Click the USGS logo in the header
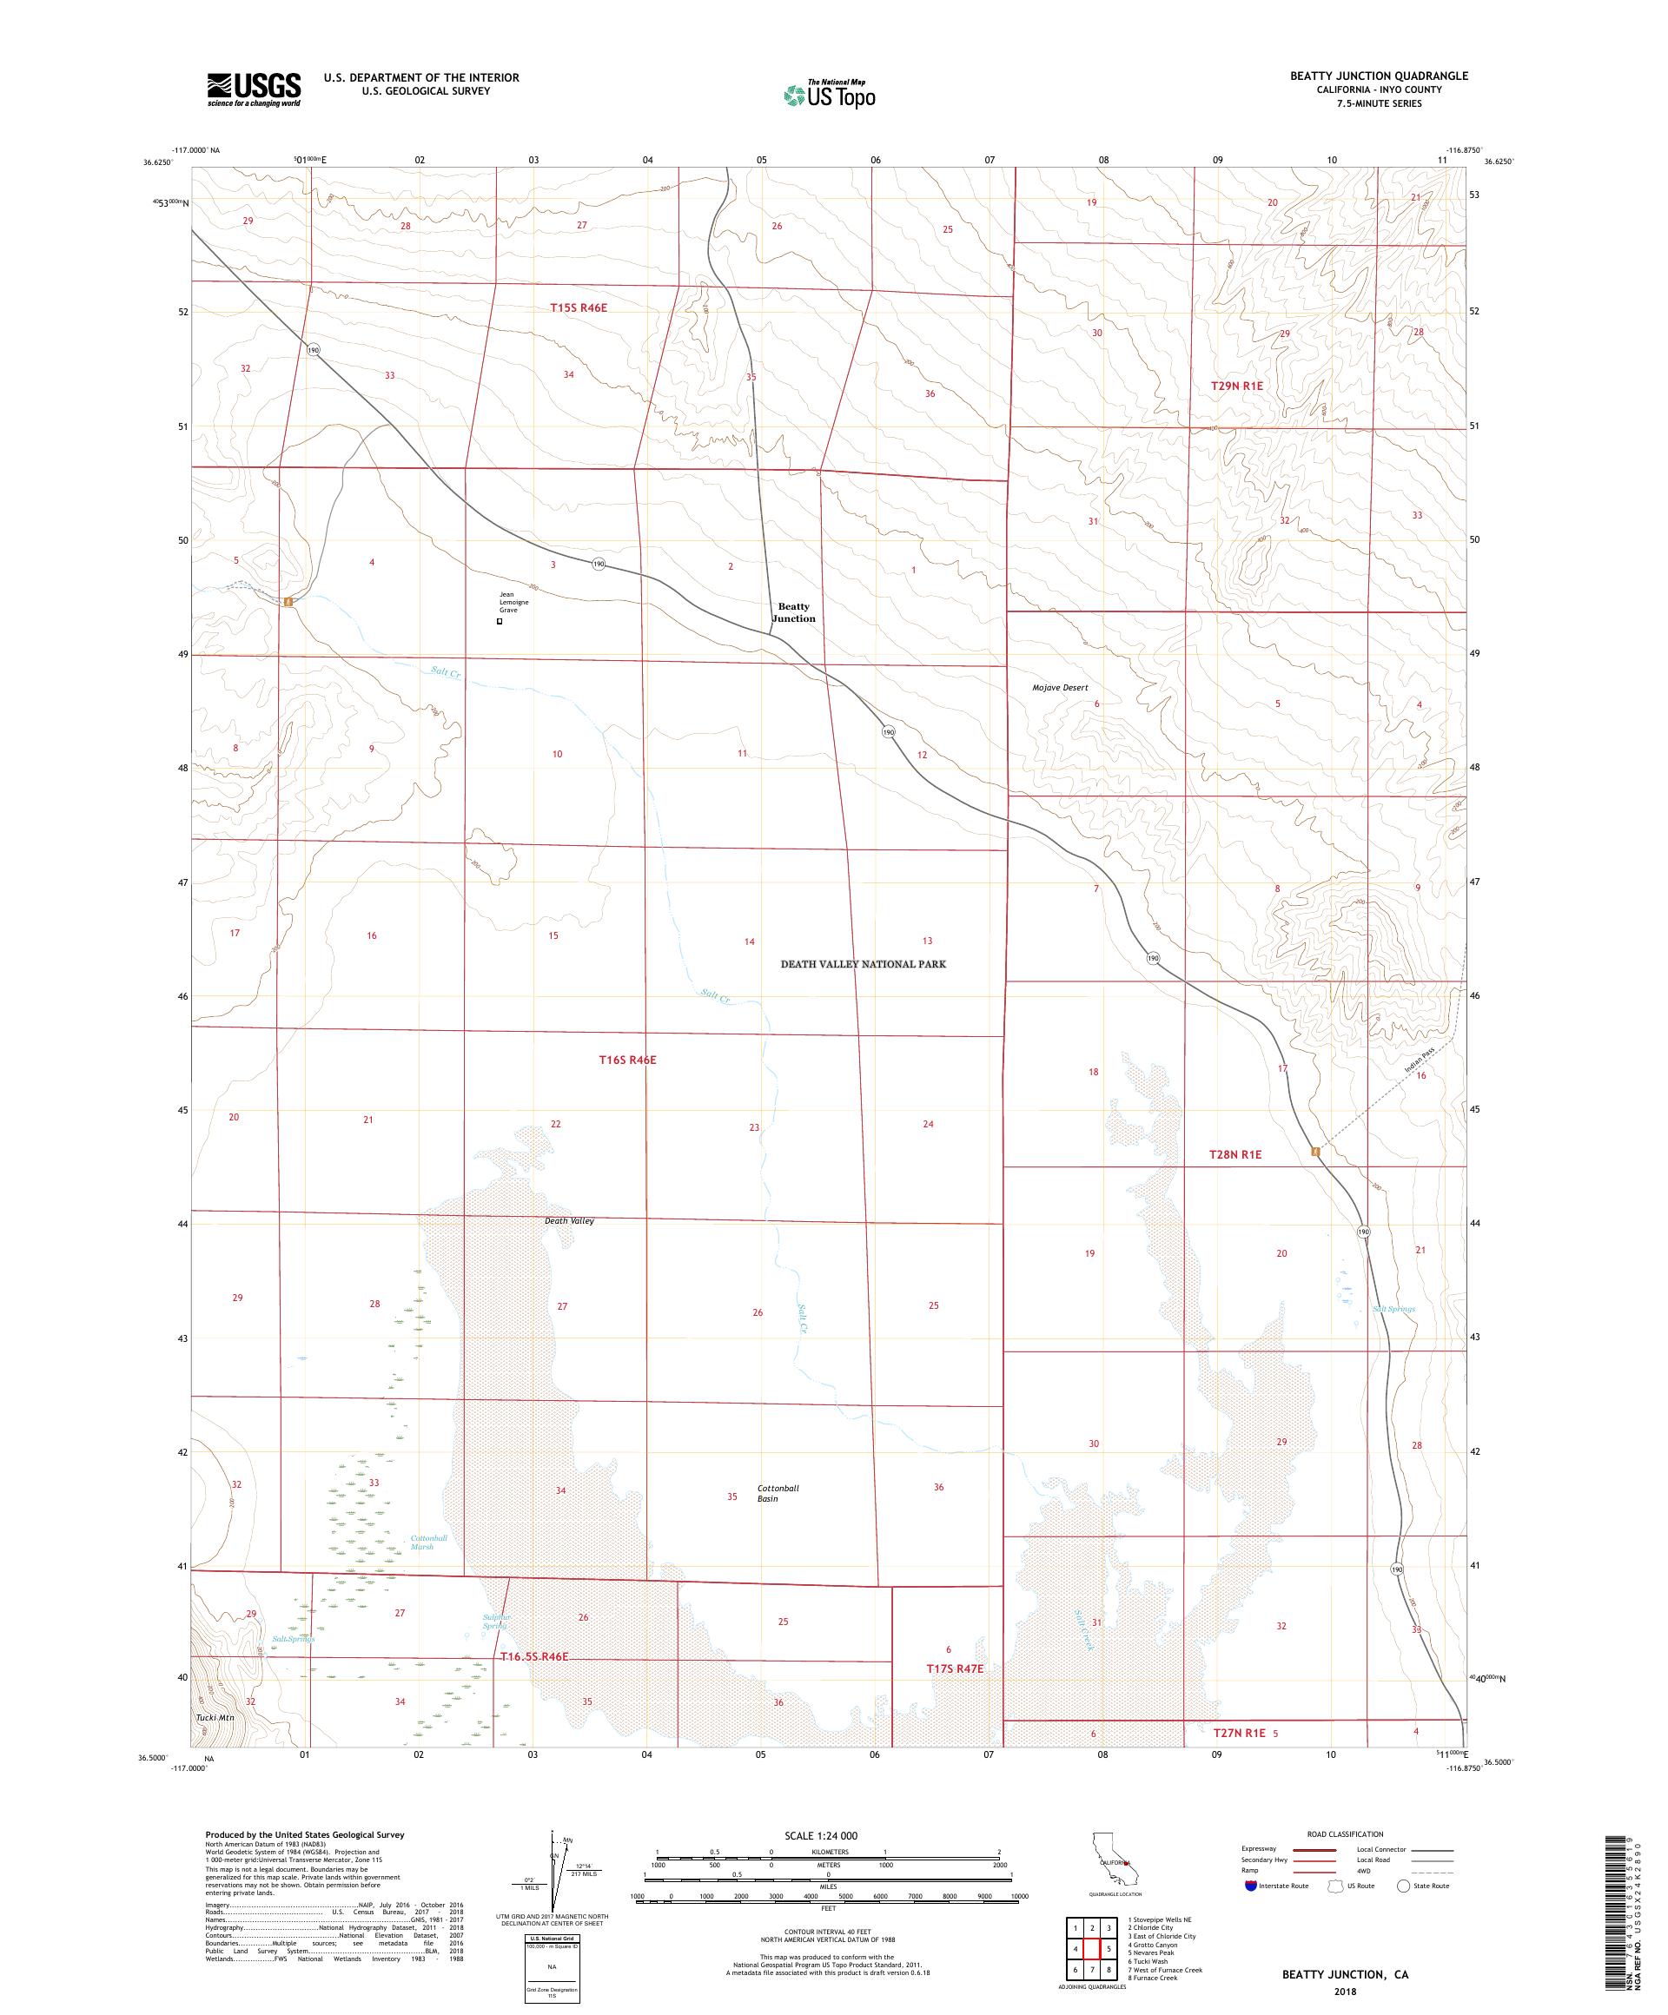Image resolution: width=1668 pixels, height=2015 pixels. point(254,90)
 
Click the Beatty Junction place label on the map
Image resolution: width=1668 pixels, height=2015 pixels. point(794,612)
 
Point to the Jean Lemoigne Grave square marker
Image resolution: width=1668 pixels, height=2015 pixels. point(499,622)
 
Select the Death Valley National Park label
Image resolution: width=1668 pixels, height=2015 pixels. point(863,964)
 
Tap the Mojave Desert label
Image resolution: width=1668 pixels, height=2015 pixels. point(1060,688)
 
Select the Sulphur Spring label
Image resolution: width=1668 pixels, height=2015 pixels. point(496,1621)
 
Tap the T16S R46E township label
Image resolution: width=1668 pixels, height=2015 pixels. point(626,1060)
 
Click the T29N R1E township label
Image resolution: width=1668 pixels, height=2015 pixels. point(1236,386)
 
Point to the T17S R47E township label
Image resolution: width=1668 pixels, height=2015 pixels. point(954,1668)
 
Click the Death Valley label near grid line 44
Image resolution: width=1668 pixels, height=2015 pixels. point(569,1221)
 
